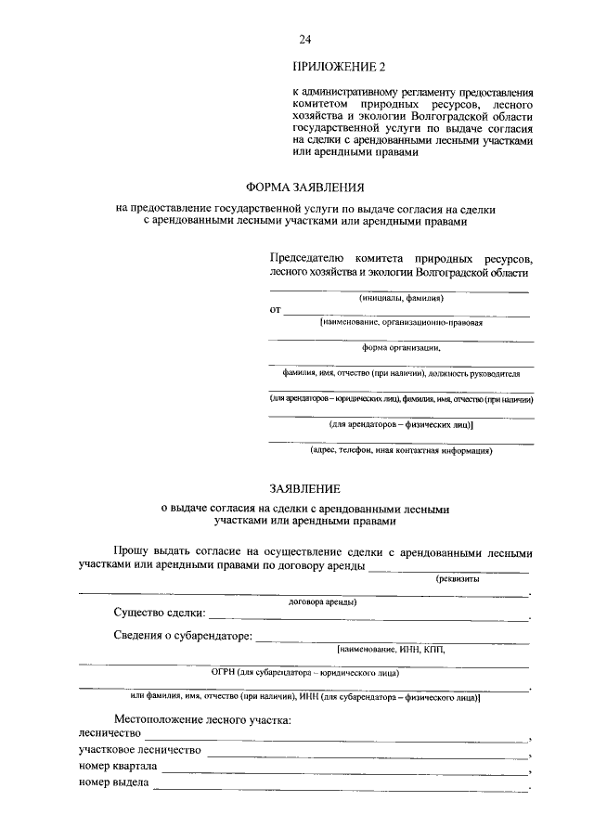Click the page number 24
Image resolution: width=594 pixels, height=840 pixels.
click(x=304, y=38)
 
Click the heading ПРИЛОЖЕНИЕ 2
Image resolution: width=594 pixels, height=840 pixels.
click(x=338, y=67)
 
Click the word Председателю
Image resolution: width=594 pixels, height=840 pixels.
click(x=307, y=255)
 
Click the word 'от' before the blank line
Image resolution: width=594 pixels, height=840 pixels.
click(x=275, y=310)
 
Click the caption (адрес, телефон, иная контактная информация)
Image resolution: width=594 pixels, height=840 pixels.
click(x=401, y=451)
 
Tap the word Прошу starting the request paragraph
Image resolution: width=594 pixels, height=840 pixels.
click(x=133, y=552)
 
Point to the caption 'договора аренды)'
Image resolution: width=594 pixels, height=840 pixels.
click(x=324, y=601)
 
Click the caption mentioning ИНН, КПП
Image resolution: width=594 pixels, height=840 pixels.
click(x=392, y=649)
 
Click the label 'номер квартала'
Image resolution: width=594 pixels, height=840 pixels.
click(x=118, y=767)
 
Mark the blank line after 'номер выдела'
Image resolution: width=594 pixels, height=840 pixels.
click(x=340, y=788)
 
